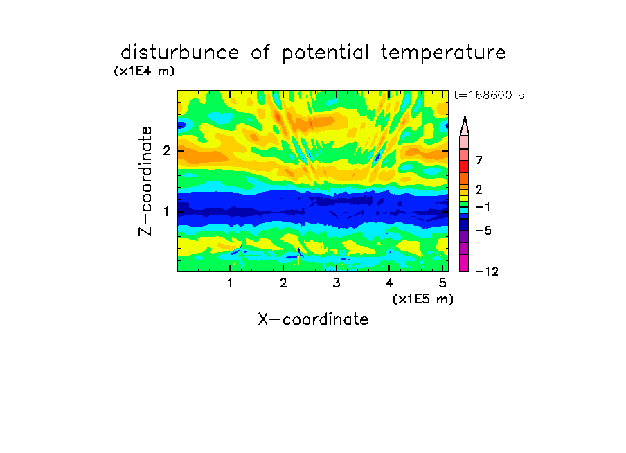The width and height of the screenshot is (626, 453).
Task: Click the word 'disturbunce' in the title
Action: coord(180,52)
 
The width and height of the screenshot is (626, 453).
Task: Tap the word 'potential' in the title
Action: coord(325,53)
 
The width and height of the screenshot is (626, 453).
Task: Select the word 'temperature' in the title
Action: coord(443,53)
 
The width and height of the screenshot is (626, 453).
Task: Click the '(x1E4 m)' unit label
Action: coord(144,71)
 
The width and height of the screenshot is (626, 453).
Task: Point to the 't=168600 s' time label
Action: coord(489,95)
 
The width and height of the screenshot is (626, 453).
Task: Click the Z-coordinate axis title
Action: coord(145,181)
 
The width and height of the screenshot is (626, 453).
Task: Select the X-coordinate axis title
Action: coord(313,319)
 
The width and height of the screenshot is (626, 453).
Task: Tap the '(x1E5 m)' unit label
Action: coord(423,299)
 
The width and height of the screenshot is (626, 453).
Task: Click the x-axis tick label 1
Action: coord(230,283)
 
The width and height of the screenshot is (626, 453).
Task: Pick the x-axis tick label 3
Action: coord(337,283)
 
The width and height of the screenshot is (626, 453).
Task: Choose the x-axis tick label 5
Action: coord(442,283)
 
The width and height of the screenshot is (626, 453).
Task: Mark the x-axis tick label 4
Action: coord(389,283)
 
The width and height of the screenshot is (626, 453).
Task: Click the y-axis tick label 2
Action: coord(166,150)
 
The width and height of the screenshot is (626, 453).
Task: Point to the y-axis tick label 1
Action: coord(166,211)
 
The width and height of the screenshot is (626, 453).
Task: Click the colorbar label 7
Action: coord(479,160)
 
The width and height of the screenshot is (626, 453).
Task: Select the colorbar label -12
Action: coord(487,272)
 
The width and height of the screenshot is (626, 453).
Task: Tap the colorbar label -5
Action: coord(483,231)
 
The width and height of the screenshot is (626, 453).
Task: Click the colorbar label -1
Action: coord(483,207)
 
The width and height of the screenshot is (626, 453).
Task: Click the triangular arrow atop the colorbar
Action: coord(465,125)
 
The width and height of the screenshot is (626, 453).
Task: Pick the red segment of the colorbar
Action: coord(465,166)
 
